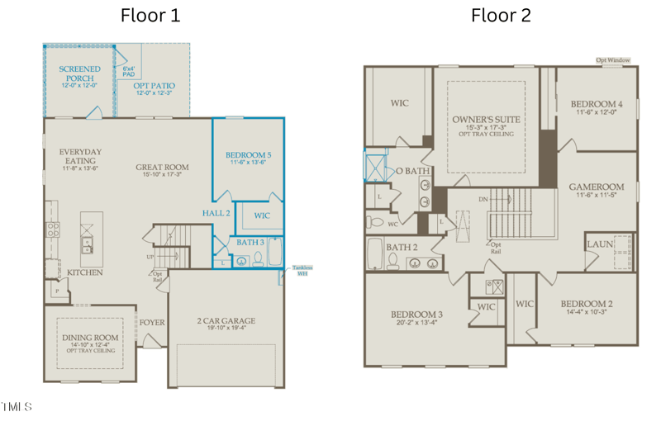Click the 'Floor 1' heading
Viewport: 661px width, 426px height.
click(150, 15)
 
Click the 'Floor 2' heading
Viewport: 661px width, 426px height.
click(501, 15)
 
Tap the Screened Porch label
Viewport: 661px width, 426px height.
click(80, 74)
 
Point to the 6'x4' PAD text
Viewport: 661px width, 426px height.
click(128, 71)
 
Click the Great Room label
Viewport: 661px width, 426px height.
click(162, 168)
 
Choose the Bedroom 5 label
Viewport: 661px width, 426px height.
click(248, 155)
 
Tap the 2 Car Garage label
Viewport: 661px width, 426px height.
click(226, 320)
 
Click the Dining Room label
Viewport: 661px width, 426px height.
click(90, 338)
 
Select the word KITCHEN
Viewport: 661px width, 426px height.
click(85, 272)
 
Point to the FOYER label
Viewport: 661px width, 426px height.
click(152, 322)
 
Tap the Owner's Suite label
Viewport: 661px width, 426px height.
click(486, 121)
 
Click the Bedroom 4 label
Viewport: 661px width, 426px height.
click(596, 104)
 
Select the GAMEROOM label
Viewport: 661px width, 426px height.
click(596, 187)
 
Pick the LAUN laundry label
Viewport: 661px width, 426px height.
click(600, 244)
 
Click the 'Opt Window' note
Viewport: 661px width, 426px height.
click(613, 60)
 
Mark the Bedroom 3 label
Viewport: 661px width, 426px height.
click(417, 315)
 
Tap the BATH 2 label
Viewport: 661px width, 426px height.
click(401, 247)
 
